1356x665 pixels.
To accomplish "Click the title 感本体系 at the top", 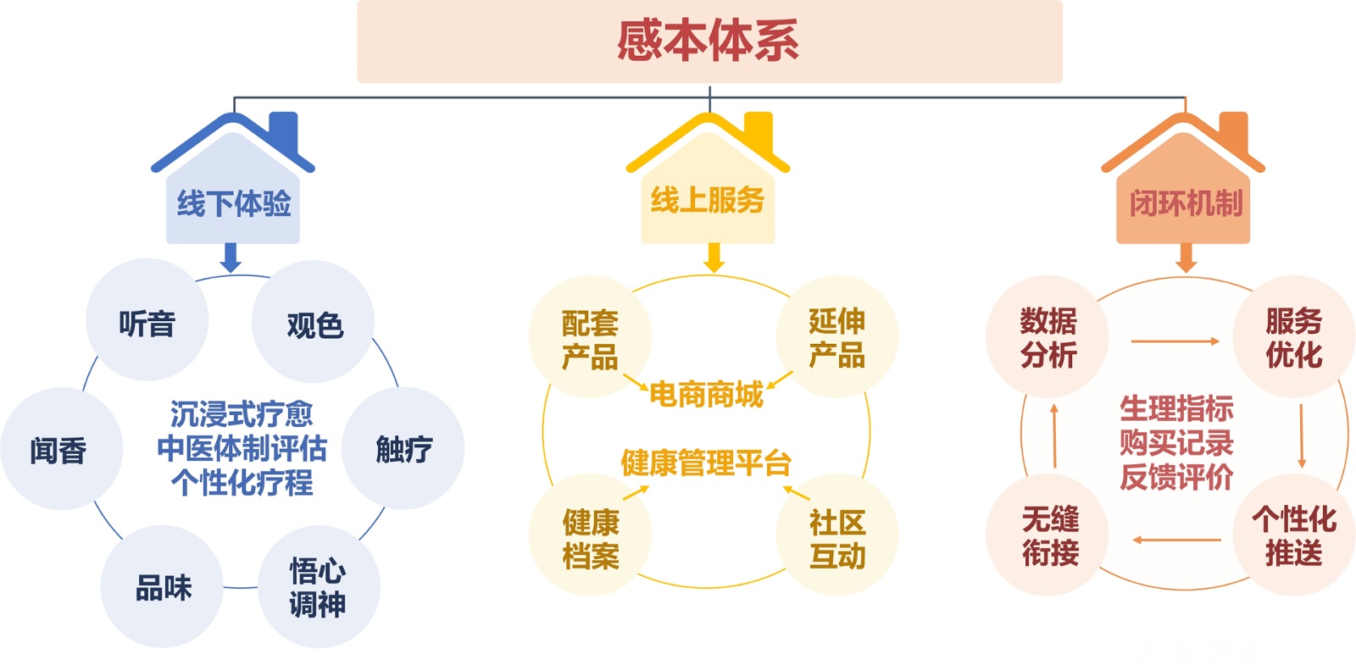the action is (x=709, y=41).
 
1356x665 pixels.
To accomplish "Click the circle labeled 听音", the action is (x=147, y=322).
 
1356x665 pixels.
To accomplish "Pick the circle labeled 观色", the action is (x=314, y=324).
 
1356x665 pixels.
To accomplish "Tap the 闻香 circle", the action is (x=59, y=449).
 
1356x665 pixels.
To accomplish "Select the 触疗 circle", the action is (x=403, y=448).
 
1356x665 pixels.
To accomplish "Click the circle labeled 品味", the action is (x=163, y=586).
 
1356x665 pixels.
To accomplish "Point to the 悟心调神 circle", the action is (x=318, y=586).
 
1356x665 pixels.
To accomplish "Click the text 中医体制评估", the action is (x=242, y=448).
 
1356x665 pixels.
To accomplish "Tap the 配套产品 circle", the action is (x=590, y=337).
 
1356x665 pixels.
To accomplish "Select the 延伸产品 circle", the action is (x=836, y=337).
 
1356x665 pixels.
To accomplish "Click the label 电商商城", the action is (x=707, y=394).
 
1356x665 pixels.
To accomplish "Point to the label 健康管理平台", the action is (x=706, y=463).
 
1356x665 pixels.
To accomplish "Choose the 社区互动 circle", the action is (x=836, y=538).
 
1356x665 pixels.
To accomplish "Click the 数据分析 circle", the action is (x=1048, y=337).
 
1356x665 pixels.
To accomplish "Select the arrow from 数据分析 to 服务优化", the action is (x=1175, y=341).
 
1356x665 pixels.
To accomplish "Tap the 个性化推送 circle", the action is (x=1293, y=535).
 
